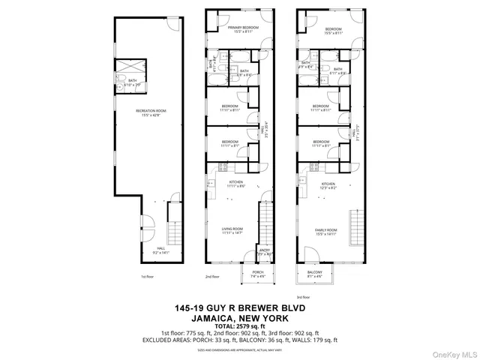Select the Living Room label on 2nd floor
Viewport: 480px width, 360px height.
click(232, 230)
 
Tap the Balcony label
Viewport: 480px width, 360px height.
click(314, 274)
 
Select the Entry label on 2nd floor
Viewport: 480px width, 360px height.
click(253, 252)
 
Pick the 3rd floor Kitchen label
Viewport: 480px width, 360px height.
click(328, 185)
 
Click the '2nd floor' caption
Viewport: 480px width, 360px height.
click(212, 276)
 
